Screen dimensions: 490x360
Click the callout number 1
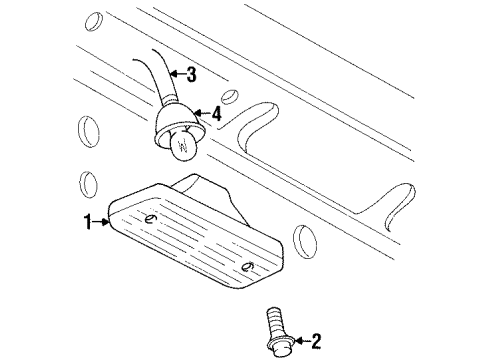pyautogui.click(x=88, y=222)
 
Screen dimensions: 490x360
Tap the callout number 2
pyautogui.click(x=315, y=341)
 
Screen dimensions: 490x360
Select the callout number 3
pyautogui.click(x=191, y=74)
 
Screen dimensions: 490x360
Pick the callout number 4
pyautogui.click(x=216, y=114)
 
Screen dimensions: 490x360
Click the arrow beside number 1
pyautogui.click(x=100, y=222)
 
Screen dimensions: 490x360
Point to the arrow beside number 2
pyautogui.click(x=302, y=341)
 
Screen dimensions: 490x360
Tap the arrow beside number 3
pyautogui.click(x=178, y=73)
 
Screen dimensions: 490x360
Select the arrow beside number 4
pyautogui.click(x=203, y=113)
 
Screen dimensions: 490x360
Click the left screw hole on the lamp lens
pyautogui.click(x=151, y=219)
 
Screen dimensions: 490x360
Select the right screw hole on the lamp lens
pyautogui.click(x=247, y=266)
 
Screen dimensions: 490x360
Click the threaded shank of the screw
pyautogui.click(x=273, y=321)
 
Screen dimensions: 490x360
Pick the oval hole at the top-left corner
pyautogui.click(x=94, y=21)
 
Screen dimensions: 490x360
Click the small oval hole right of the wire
pyautogui.click(x=230, y=97)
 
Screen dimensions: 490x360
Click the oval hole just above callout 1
pyautogui.click(x=88, y=185)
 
